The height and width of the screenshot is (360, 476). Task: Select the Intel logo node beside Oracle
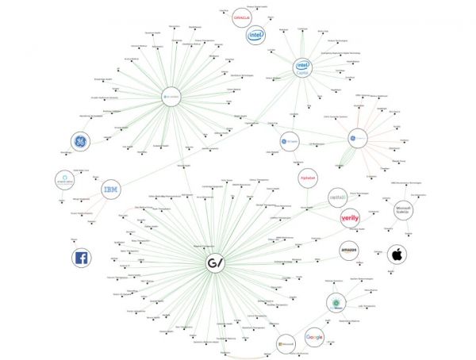tap(255, 35)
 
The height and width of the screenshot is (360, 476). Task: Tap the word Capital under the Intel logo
tap(301, 72)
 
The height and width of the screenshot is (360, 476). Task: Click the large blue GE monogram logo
tap(80, 142)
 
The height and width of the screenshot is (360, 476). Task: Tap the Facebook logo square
tap(80, 257)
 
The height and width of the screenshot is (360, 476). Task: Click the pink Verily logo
tap(350, 217)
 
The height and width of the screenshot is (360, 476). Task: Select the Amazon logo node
tap(350, 251)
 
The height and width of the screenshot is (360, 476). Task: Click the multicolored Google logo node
tap(315, 337)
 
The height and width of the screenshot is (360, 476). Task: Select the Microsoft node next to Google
tap(286, 343)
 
